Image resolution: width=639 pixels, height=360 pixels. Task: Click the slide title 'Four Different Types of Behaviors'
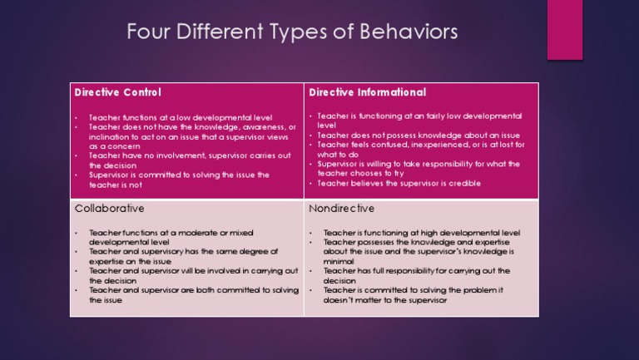click(x=291, y=33)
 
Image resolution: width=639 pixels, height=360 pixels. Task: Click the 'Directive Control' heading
click(x=118, y=92)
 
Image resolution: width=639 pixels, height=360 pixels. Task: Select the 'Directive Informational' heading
click(x=367, y=92)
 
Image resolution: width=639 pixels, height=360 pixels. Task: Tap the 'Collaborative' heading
click(x=109, y=208)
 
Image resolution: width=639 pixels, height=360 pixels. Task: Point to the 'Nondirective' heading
click(x=341, y=208)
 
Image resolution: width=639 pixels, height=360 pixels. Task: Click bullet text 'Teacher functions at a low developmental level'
click(x=181, y=118)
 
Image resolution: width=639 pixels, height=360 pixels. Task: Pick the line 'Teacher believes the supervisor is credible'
click(x=399, y=183)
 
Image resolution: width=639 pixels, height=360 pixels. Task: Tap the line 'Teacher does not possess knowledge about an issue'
click(x=407, y=135)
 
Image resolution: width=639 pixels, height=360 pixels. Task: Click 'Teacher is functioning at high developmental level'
click(x=421, y=233)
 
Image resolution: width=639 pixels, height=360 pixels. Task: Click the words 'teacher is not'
click(x=116, y=185)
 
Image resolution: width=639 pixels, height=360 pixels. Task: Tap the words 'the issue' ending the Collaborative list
click(x=106, y=300)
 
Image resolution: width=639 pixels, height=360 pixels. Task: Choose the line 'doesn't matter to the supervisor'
click(x=385, y=300)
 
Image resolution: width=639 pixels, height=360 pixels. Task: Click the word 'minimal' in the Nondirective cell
click(x=340, y=261)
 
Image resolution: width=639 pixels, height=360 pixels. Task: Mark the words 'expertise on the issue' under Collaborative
click(x=131, y=261)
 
